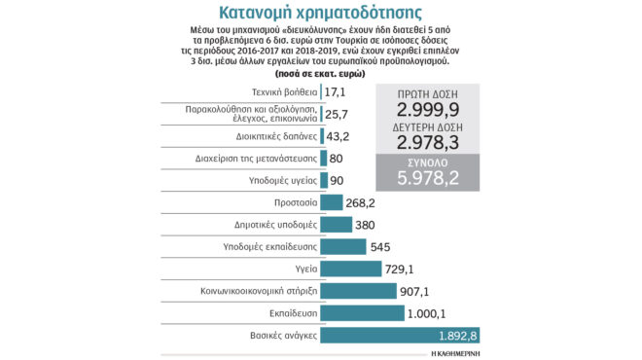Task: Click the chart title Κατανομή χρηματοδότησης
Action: pyautogui.click(x=320, y=14)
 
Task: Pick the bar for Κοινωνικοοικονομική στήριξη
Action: pyautogui.click(x=357, y=291)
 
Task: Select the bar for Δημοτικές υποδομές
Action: pyautogui.click(x=336, y=225)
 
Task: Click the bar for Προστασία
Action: pyautogui.click(x=331, y=202)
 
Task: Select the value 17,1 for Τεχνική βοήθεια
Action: pyautogui.click(x=336, y=91)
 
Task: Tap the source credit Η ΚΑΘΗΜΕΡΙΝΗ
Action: pyautogui.click(x=456, y=353)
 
